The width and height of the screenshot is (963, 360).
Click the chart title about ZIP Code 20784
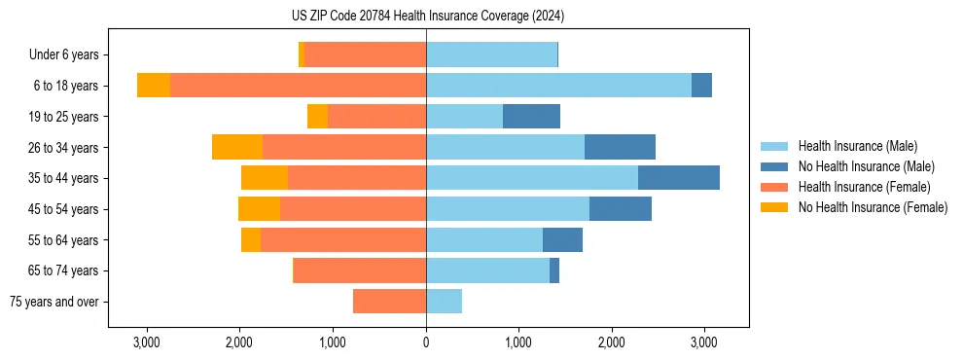tap(427, 17)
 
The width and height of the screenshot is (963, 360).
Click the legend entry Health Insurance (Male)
tap(857, 146)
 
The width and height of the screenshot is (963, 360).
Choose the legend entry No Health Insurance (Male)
tap(866, 166)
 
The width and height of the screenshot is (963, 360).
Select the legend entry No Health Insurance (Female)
tap(873, 207)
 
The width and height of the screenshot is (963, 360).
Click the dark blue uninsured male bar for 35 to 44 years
tap(679, 178)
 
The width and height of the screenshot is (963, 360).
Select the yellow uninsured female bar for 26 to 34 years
tap(237, 147)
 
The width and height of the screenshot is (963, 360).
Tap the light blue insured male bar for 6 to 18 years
tap(558, 86)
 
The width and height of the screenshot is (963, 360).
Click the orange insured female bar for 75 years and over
tap(389, 302)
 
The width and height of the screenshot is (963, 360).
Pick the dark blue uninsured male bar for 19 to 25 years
tap(531, 117)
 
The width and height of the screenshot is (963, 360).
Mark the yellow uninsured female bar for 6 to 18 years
tap(154, 86)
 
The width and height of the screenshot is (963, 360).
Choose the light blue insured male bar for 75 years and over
tap(444, 302)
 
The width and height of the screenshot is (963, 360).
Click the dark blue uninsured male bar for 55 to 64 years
tap(562, 239)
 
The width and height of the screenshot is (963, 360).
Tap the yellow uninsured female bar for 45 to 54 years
tap(259, 209)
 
